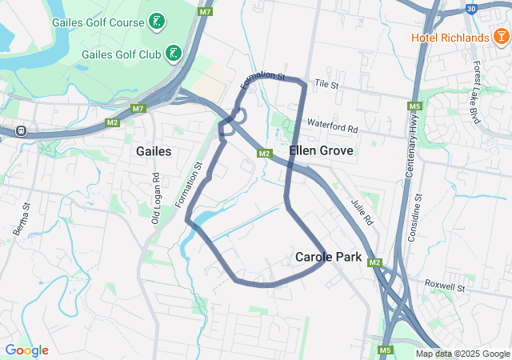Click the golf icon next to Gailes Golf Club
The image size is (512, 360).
point(173,54)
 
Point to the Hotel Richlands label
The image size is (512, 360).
point(450,38)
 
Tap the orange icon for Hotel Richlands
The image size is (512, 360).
point(501,38)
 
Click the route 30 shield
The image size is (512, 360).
point(470,9)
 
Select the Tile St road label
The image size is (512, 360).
point(327,83)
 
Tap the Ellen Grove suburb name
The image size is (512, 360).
point(316,150)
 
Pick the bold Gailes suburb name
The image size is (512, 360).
point(154,150)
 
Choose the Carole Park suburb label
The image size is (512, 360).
point(329,258)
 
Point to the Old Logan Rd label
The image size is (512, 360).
point(157,198)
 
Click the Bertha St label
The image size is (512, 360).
point(22,218)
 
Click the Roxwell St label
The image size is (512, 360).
point(445,284)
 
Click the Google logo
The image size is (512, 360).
point(26,350)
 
